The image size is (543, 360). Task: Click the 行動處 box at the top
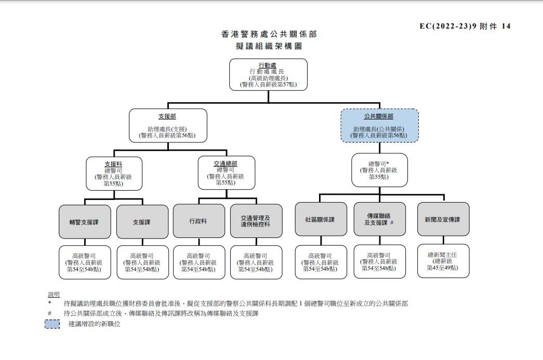click(268, 74)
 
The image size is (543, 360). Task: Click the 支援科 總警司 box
click(113, 174)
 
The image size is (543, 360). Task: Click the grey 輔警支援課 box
click(84, 222)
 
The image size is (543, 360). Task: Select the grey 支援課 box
click(142, 222)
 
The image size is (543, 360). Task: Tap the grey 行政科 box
click(198, 221)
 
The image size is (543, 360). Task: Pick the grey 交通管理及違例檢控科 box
click(255, 221)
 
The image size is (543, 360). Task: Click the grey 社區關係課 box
click(321, 219)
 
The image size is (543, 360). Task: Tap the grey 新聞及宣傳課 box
click(443, 219)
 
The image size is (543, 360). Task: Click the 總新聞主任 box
click(443, 261)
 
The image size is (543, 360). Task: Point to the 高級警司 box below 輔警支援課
click(84, 262)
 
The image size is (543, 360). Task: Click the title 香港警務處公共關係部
click(268, 34)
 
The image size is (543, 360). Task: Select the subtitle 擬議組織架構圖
click(268, 46)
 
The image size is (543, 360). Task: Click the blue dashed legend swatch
click(52, 324)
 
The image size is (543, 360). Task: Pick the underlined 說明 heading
click(54, 295)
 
